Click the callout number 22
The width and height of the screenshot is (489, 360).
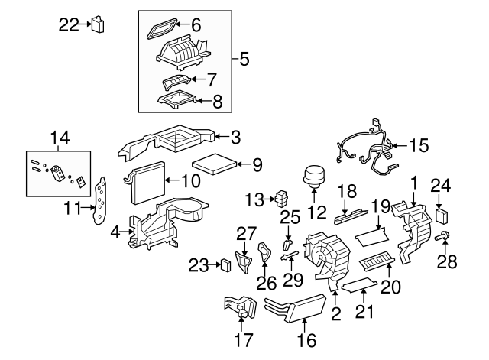[x=69, y=24]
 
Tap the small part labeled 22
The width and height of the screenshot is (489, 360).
[x=98, y=24]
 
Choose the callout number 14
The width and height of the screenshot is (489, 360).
[x=60, y=138]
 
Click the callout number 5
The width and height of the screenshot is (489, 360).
[x=244, y=58]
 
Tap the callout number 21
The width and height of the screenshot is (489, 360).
[x=364, y=313]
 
